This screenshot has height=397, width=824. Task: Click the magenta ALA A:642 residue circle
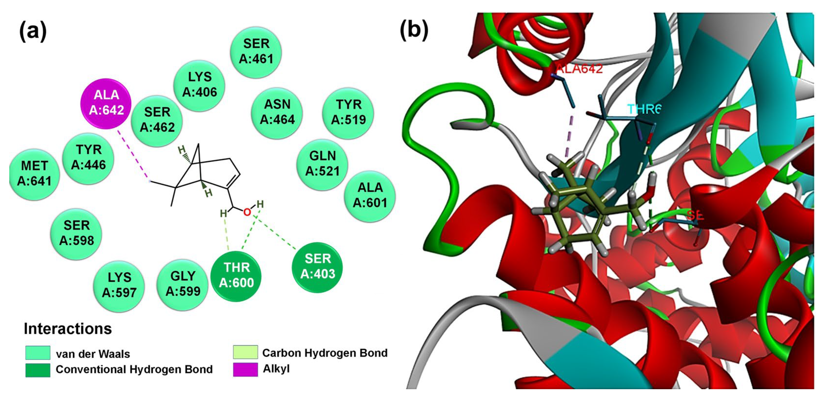pyautogui.click(x=106, y=103)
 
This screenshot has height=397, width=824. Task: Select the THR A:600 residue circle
pyautogui.click(x=236, y=276)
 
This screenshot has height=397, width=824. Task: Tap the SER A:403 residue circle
pyautogui.click(x=317, y=267)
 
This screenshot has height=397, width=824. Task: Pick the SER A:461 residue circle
pyautogui.click(x=256, y=52)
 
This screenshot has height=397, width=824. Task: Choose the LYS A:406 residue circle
pyautogui.click(x=199, y=85)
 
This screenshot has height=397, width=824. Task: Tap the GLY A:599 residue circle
pyautogui.click(x=183, y=284)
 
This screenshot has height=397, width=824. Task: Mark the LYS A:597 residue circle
pyautogui.click(x=119, y=285)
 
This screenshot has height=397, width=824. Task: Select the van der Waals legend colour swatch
pyautogui.click(x=38, y=353)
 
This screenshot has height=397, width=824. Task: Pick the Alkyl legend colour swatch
pyautogui.click(x=245, y=369)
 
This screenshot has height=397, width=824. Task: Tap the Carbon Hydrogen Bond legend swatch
pyautogui.click(x=245, y=352)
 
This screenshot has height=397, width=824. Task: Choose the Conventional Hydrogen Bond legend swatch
pyautogui.click(x=38, y=370)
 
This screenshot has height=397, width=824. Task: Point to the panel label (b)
pyautogui.click(x=414, y=31)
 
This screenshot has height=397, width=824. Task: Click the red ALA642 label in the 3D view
pyautogui.click(x=579, y=69)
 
